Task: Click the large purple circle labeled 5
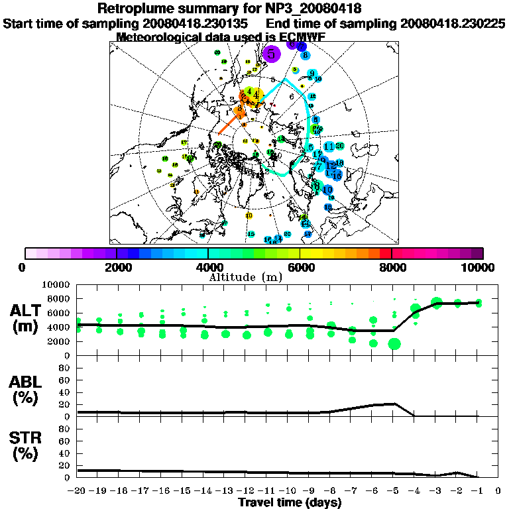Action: pos(272,54)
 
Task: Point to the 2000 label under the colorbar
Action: pos(117,267)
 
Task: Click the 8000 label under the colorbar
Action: pos(391,267)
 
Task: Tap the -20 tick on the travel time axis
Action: pos(78,490)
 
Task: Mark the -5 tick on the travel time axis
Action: pos(394,490)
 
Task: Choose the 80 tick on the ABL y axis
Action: pos(66,367)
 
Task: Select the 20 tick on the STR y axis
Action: pos(66,465)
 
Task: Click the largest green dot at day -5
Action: pos(394,343)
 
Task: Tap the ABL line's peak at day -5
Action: pos(394,403)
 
